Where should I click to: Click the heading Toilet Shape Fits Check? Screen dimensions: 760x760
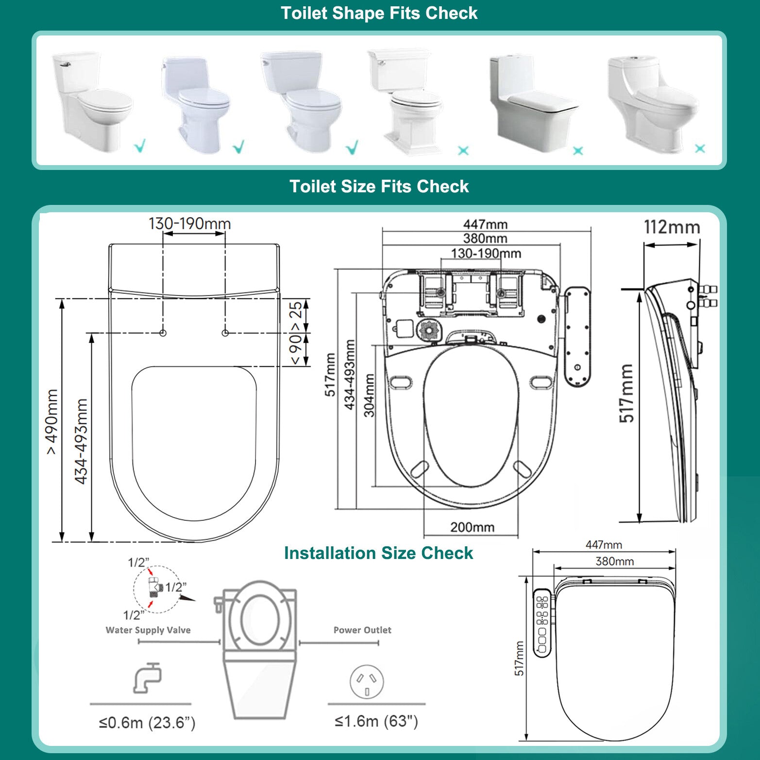[379, 13]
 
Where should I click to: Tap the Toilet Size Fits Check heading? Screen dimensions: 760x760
[379, 186]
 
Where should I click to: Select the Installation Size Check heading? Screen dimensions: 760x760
[378, 553]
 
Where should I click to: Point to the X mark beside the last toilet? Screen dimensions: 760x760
[700, 149]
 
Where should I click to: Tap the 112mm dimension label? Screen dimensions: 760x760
[672, 227]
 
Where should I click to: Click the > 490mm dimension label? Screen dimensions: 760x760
[52, 422]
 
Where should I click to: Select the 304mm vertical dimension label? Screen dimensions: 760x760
[370, 395]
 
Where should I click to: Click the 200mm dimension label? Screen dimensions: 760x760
[472, 527]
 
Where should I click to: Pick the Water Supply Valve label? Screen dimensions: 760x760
[148, 630]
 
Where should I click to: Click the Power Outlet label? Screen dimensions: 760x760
[362, 630]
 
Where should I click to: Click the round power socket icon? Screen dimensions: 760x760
[367, 682]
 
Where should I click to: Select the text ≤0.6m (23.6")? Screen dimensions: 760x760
[147, 723]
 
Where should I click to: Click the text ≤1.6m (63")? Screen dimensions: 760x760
[376, 721]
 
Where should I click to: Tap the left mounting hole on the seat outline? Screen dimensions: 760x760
[163, 333]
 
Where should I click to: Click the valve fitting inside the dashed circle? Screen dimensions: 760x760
[154, 587]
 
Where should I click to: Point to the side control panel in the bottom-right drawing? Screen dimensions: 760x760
[542, 623]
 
